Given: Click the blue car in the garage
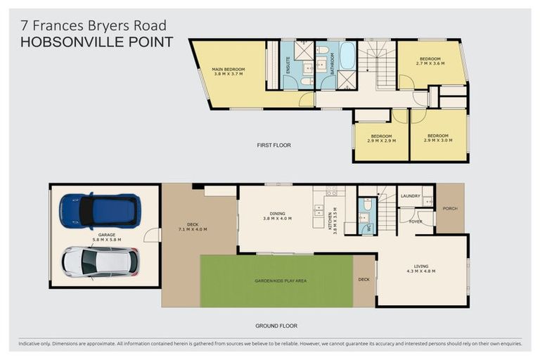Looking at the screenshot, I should pos(100,211).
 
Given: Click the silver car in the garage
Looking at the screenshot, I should pos(99,262).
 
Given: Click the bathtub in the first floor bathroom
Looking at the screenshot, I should pos(347,56).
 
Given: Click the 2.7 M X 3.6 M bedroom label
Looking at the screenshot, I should pos(430,61).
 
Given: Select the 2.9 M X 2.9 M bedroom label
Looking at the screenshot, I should pos(381,138).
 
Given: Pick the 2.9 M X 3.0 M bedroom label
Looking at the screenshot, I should pos(437,138).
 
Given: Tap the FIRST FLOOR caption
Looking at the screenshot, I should pos(274,146).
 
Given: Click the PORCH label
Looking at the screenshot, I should pos(450,207).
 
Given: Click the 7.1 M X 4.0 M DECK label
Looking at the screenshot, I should pos(192,226).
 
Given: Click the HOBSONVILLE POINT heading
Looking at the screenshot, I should pos(96,42).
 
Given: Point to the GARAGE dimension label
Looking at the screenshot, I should pos(106,238).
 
